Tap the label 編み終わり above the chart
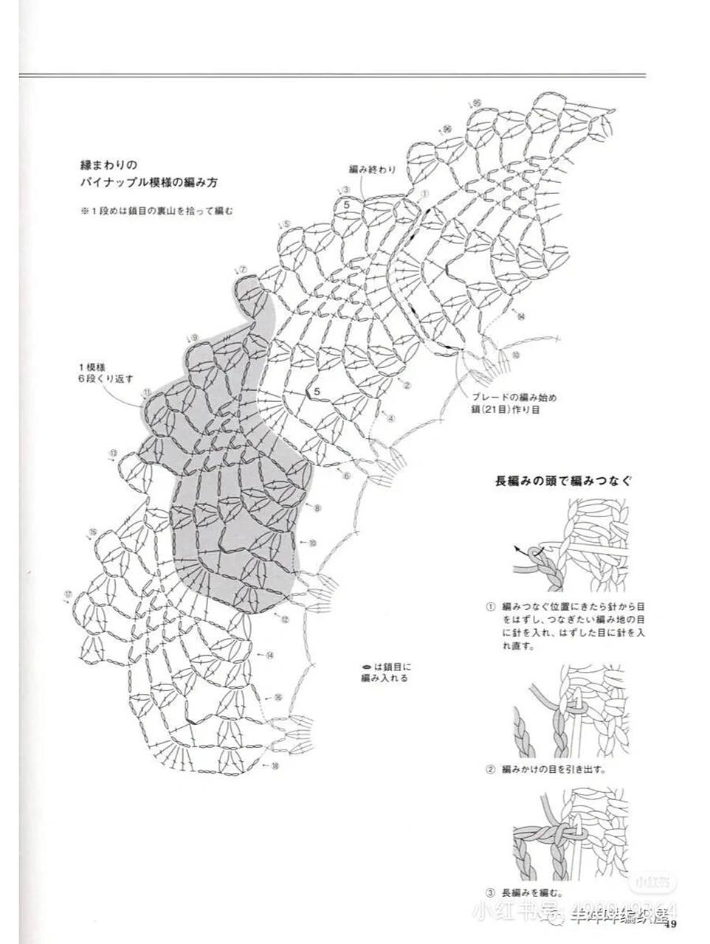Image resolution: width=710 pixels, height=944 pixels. [x=372, y=170]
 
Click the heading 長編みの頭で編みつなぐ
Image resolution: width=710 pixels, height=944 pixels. [x=563, y=481]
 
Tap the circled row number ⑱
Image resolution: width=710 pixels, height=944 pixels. [x=275, y=766]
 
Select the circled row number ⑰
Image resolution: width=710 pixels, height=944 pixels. [x=68, y=594]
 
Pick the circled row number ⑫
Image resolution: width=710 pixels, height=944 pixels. [x=284, y=619]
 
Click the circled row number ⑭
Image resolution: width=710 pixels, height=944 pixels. [x=269, y=655]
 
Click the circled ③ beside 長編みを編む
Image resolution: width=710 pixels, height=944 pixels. [x=489, y=891]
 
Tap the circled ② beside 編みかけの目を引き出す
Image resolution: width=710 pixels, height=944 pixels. [x=489, y=769]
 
